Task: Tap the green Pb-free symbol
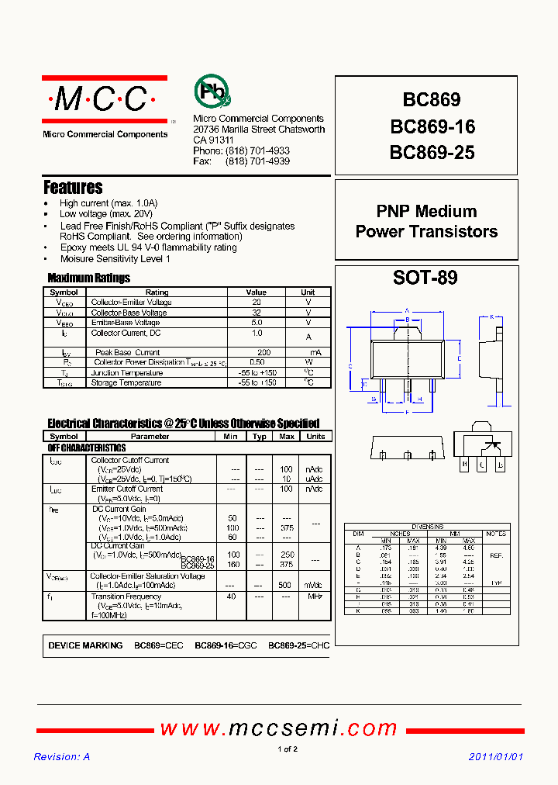pos(211,92)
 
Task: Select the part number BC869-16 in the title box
pos(432,126)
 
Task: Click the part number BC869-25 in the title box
pos(432,153)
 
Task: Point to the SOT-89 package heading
pos(425,278)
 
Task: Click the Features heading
pos(73,188)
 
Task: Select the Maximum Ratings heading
pos(88,278)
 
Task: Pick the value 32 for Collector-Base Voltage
pos(257,313)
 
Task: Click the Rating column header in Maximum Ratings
pos(157,292)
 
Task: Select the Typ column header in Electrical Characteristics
pos(260,437)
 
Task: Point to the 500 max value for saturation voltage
pos(286,585)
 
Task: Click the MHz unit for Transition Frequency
pos(315,596)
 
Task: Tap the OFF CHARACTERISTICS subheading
pos(87,448)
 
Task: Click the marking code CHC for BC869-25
pos(319,645)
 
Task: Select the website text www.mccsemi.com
pos(279,728)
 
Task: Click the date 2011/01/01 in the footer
pos(496,757)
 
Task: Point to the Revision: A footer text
pos(62,757)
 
